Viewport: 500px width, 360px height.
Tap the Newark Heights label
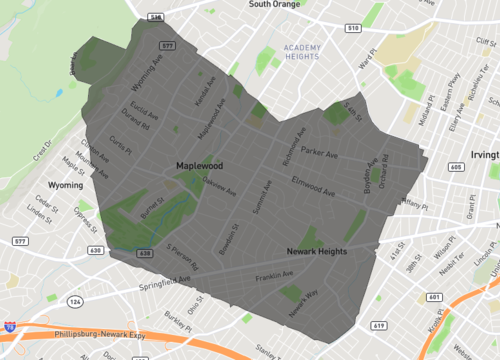[x=316, y=251]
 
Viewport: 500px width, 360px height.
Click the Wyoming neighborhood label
[x=65, y=185]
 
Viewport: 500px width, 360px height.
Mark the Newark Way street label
[x=303, y=304]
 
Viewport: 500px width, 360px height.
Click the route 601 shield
[x=433, y=297]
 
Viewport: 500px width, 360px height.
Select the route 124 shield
[x=77, y=300]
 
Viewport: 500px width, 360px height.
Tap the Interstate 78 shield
[x=8, y=326]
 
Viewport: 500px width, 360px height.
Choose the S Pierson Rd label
[x=183, y=258]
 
